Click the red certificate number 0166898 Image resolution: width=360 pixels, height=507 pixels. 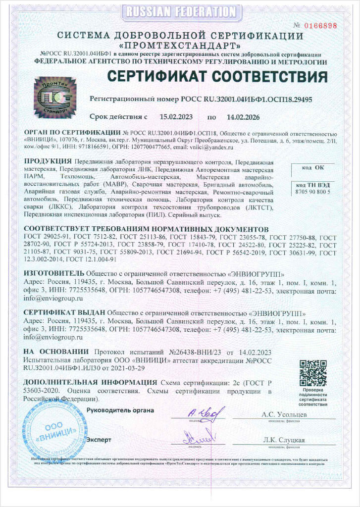321,25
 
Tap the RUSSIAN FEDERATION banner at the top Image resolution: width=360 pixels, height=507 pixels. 180,11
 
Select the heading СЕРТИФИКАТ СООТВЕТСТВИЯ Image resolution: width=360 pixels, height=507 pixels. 217,77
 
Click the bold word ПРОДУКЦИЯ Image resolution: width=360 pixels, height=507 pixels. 47,161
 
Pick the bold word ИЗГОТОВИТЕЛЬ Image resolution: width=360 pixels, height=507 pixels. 54,273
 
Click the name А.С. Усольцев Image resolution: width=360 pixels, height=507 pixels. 284,414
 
